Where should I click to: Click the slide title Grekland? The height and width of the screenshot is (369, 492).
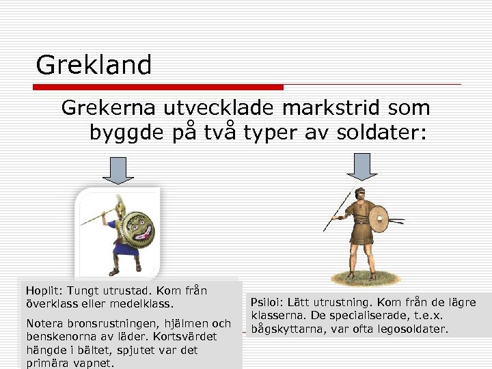click(94, 66)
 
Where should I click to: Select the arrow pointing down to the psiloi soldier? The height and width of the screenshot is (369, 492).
click(361, 166)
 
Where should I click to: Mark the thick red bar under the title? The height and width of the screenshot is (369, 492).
click(158, 87)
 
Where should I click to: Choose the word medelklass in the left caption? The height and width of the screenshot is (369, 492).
click(144, 303)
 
